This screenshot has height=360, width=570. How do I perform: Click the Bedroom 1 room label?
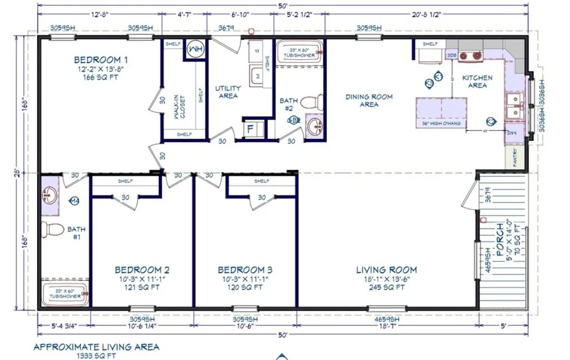point(101,60)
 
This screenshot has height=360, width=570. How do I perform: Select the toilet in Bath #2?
point(317,102)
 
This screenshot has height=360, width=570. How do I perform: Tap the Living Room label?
point(386,270)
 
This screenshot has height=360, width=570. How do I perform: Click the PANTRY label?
point(515,157)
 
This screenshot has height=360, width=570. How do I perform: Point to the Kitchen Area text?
point(477,82)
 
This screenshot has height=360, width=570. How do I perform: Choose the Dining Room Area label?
point(369,100)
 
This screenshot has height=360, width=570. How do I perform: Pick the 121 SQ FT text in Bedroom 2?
point(140,288)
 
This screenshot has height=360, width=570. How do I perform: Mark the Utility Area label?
point(228,92)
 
